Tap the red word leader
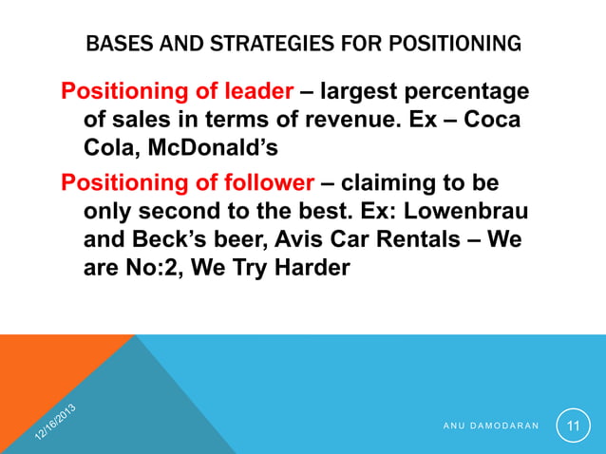click(254, 92)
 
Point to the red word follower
click(263, 180)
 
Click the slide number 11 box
click(573, 426)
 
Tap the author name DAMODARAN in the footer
click(499, 426)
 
